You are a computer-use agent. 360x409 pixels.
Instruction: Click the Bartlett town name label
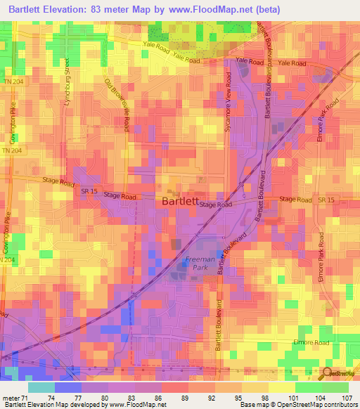coord(179,200)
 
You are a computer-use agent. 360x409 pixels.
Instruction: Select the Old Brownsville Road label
coord(118,105)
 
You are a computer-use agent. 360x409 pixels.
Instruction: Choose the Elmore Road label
coord(311,342)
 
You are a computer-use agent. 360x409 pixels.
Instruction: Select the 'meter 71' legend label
coord(15,397)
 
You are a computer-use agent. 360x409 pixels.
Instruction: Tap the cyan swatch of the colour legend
coord(41,387)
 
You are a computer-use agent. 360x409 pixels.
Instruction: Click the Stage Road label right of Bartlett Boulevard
coord(295,200)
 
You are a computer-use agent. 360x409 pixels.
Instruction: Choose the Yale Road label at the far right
coord(292,63)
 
